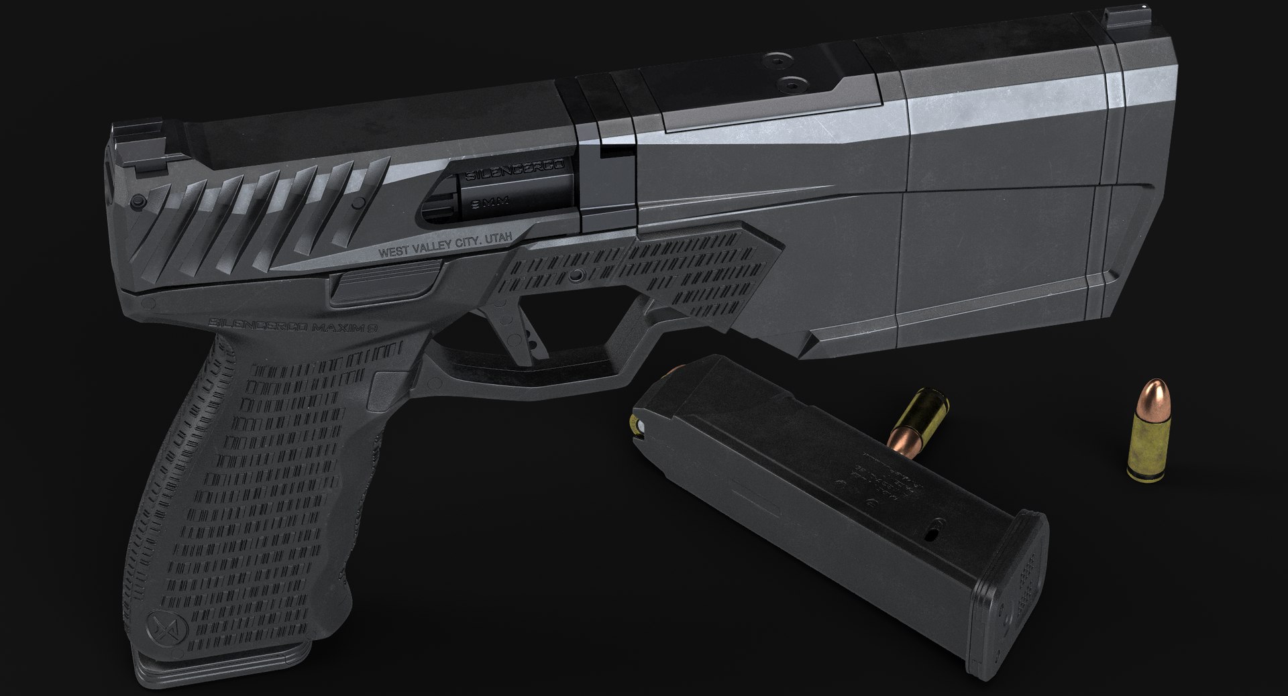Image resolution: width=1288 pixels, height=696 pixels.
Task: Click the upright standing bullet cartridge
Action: coord(1148,440)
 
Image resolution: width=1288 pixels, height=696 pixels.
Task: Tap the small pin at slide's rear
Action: coord(138,200)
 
